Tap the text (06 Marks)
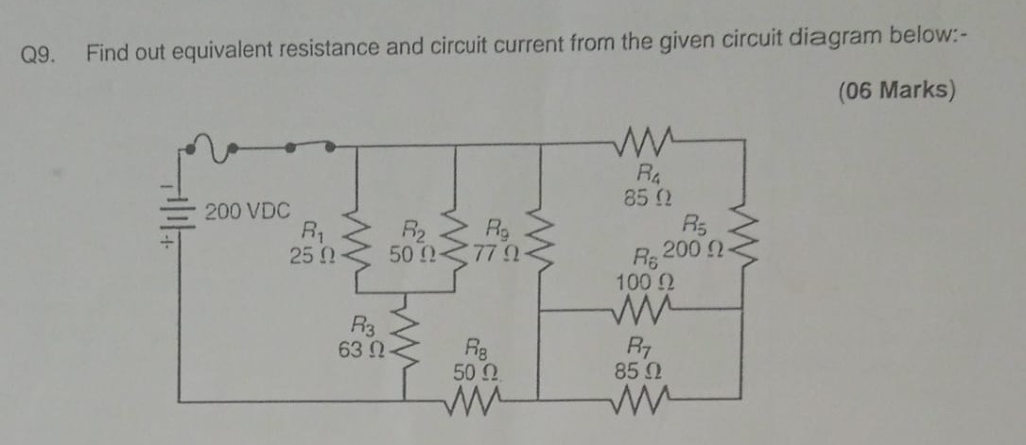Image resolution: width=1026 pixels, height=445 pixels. (x=897, y=91)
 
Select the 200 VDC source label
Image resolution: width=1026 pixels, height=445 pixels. (x=248, y=212)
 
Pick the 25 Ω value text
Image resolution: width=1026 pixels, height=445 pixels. (x=312, y=255)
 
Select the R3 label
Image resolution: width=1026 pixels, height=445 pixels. (x=362, y=324)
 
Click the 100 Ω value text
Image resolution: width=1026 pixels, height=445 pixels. (x=646, y=282)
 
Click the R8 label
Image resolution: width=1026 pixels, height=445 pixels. (x=476, y=347)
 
